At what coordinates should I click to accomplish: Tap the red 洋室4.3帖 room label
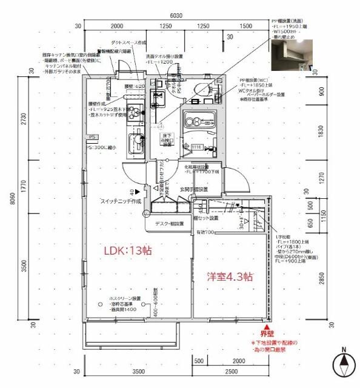pos(230,276)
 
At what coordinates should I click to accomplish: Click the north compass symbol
pos(343,367)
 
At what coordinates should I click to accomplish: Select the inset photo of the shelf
pos(292,54)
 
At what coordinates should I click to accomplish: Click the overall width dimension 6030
pos(176,16)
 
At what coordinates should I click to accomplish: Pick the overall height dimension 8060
pos(12,202)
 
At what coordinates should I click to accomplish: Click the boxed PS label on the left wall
pos(92,138)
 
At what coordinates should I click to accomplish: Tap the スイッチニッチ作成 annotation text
pos(121,201)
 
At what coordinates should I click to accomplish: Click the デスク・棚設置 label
pos(168,224)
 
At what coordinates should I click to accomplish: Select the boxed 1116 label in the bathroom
pos(196,147)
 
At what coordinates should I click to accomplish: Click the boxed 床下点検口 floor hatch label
pos(167,140)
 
